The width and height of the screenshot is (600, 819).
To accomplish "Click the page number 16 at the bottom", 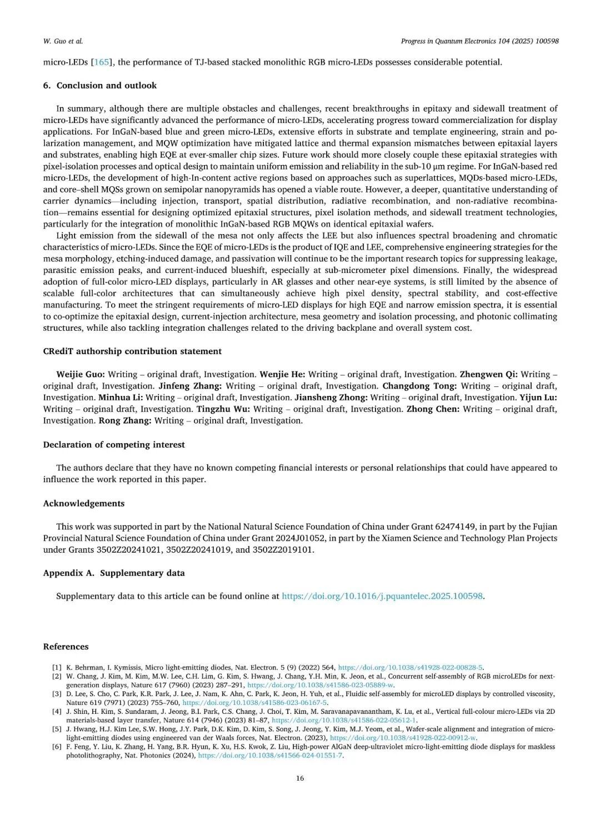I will [300, 778].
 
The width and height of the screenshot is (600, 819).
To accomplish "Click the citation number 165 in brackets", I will [101, 62].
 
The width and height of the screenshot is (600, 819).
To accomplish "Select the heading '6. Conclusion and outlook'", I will [100, 85].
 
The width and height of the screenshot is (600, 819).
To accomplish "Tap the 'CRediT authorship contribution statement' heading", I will [132, 351].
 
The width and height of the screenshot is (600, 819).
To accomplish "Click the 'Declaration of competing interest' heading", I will [114, 444].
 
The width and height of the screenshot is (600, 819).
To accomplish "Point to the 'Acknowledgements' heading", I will [84, 503].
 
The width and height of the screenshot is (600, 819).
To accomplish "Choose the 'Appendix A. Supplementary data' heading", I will [114, 573].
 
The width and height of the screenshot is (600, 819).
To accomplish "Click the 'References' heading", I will [66, 646].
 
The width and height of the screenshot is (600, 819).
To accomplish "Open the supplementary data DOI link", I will [383, 596].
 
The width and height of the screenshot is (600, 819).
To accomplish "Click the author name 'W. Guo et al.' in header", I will [63, 41].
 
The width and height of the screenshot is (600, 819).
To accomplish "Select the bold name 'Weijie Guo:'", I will [81, 374].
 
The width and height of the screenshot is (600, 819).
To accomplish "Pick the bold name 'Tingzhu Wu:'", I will [223, 409].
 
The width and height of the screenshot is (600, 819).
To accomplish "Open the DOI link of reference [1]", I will [411, 667].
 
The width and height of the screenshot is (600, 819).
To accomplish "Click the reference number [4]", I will [57, 711].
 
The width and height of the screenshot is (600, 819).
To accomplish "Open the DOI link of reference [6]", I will [271, 756].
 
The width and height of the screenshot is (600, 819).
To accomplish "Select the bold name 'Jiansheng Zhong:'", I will [331, 397].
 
